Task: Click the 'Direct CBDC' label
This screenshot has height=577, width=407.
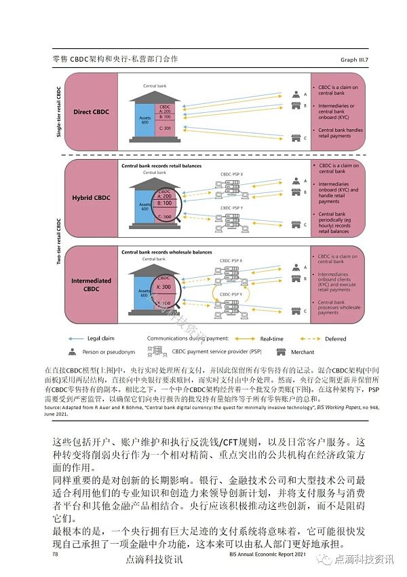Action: (x=91, y=111)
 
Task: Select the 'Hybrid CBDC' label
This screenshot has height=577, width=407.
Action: (x=91, y=197)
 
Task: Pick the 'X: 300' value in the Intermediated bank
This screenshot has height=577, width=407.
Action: (x=166, y=287)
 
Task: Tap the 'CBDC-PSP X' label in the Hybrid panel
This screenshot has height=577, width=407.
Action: (x=231, y=174)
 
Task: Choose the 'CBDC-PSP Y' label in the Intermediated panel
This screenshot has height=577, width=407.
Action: (x=231, y=294)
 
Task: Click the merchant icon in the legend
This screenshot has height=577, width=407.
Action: (x=281, y=351)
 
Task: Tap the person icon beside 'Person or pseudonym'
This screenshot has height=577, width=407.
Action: (x=71, y=351)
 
